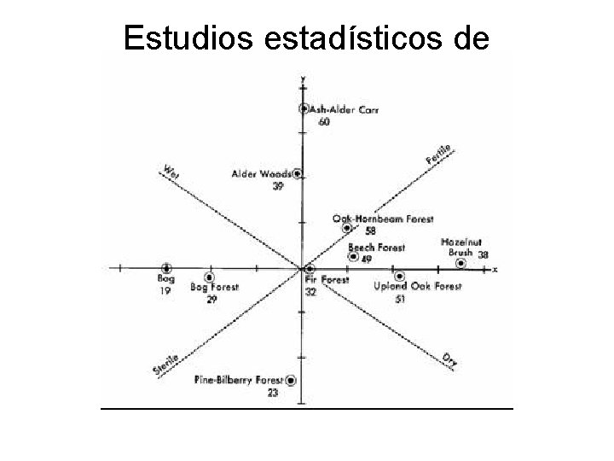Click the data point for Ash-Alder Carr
304,108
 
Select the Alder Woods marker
298,173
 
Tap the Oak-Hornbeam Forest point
346,228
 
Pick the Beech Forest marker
353,257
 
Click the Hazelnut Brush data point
460,264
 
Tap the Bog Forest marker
209,277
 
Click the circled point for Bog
166,268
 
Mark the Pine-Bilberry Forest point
292,380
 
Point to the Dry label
449,360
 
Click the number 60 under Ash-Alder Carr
324,122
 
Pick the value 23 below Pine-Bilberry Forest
273,393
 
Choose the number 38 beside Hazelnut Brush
483,254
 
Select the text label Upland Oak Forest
418,287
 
